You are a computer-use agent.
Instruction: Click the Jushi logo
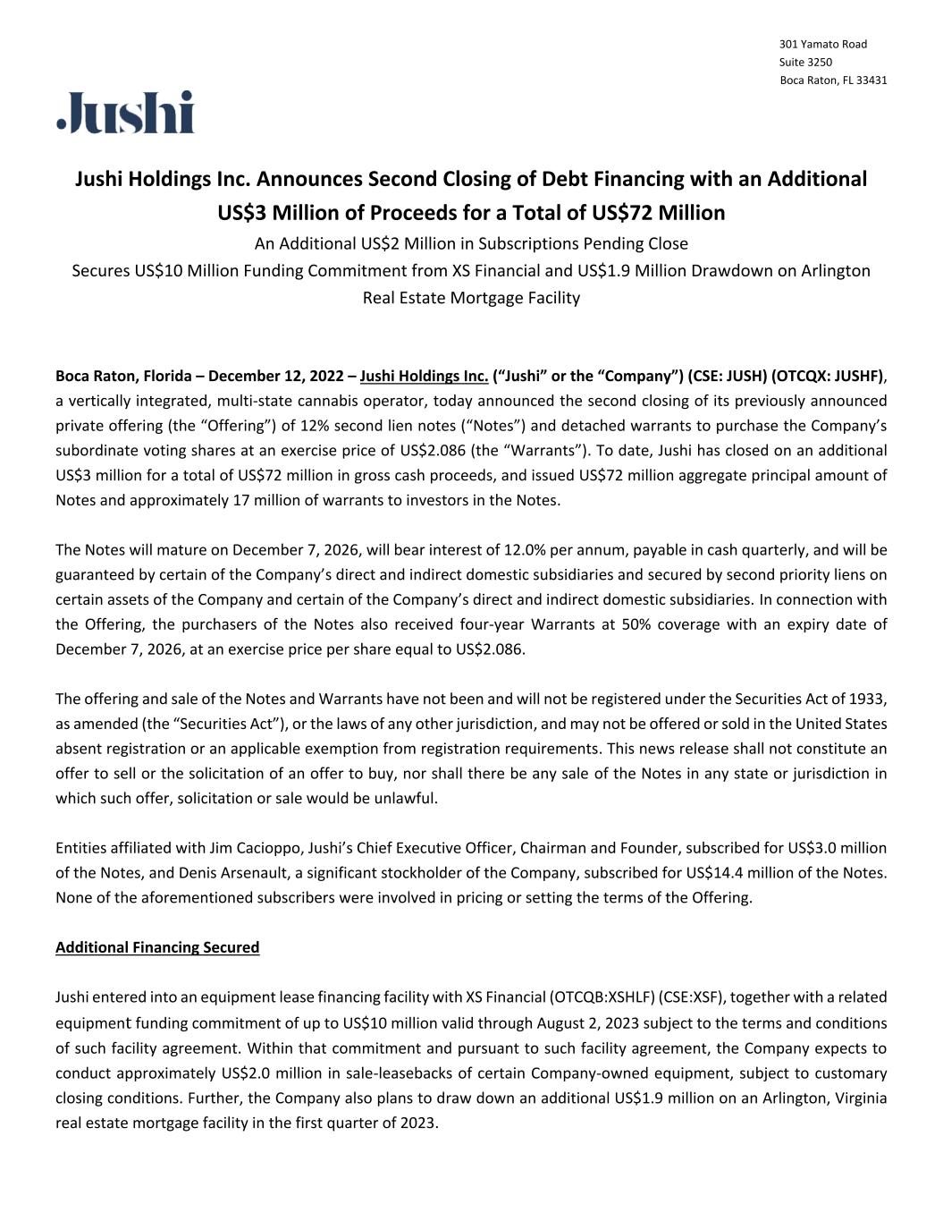tap(126, 113)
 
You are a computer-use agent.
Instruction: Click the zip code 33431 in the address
tap(871, 81)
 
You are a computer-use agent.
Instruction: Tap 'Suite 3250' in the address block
tap(805, 63)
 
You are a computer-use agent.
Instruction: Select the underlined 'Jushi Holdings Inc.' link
tap(424, 376)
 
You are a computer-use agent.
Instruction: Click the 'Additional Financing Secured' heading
tap(157, 947)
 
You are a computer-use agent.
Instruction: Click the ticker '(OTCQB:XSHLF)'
tap(601, 997)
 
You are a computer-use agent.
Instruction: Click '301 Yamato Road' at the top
tap(823, 45)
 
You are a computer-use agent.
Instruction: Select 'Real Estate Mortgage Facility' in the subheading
tap(471, 298)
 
